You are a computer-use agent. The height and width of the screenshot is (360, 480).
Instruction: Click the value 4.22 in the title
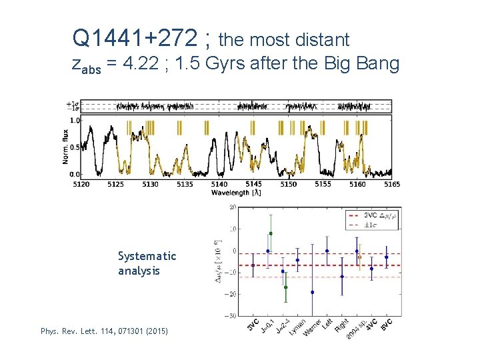tap(139, 65)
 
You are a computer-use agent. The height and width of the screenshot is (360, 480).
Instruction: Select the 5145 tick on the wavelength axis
tap(253, 183)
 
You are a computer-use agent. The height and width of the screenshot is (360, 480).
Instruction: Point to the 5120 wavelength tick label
tap(81, 183)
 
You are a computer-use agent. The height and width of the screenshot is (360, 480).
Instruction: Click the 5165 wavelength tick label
tap(392, 183)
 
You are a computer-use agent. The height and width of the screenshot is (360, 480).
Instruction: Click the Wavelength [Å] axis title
tap(236, 193)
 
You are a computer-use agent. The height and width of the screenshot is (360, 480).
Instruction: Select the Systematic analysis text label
tap(147, 263)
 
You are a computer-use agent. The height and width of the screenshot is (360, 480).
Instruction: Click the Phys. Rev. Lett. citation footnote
tap(104, 331)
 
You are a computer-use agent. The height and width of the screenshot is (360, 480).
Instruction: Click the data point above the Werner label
tap(312, 292)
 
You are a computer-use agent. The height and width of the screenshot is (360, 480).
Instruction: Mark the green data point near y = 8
tap(270, 233)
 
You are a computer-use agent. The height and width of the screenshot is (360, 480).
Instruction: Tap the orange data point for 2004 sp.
tap(360, 257)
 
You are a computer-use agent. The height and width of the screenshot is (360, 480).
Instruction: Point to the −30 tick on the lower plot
tap(232, 315)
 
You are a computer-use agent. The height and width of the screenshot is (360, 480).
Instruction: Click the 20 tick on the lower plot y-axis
tap(233, 207)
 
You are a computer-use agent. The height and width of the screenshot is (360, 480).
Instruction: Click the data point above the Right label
tap(342, 276)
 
